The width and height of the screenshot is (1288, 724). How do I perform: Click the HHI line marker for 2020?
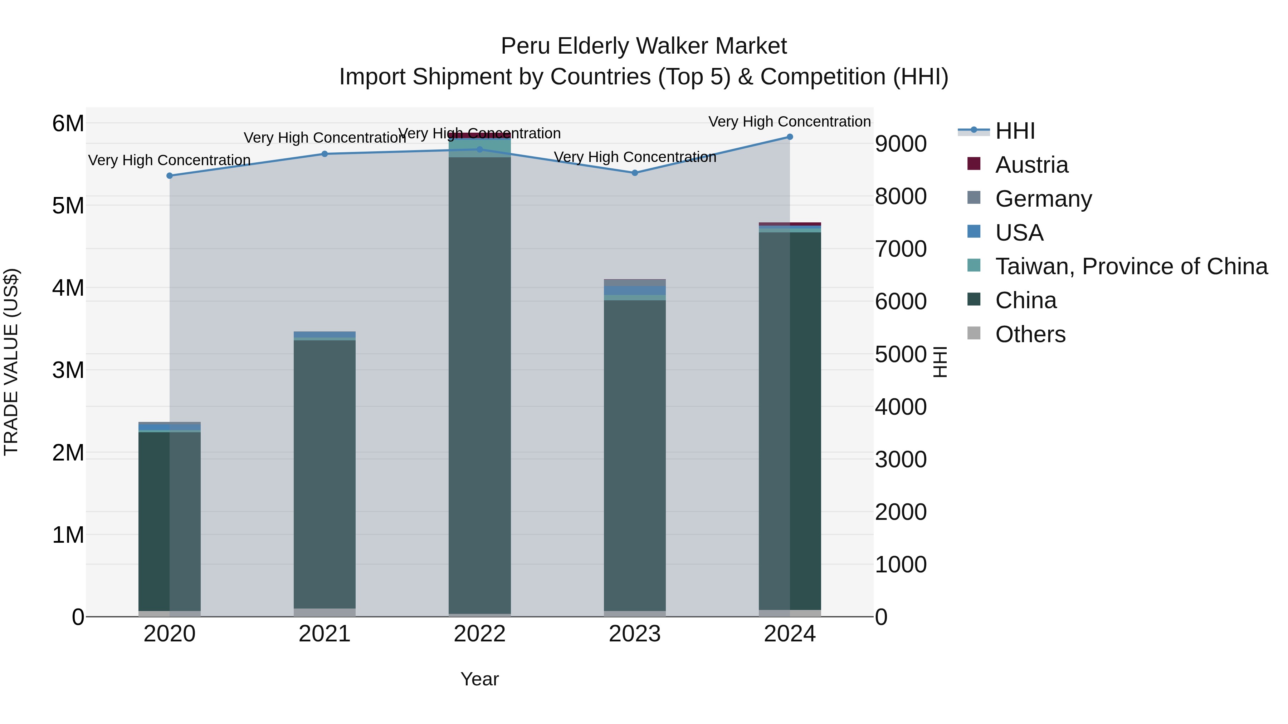coord(170,176)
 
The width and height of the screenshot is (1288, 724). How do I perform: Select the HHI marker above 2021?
coord(325,154)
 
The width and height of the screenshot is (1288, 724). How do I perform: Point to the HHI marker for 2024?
coord(790,137)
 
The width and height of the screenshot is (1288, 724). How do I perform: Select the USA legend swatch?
coord(974,232)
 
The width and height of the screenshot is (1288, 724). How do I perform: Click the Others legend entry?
coord(1030,334)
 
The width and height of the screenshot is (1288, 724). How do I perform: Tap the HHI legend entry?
coord(1015,131)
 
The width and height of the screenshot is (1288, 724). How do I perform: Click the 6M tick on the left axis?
coord(68,123)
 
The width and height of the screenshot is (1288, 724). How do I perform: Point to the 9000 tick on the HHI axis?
coord(901,144)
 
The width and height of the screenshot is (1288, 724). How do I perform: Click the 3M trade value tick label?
coord(68,370)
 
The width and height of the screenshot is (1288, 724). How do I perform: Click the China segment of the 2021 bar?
coord(325,475)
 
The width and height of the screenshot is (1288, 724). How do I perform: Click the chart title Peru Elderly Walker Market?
coord(644,46)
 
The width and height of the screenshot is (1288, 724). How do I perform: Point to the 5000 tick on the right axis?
coord(901,355)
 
